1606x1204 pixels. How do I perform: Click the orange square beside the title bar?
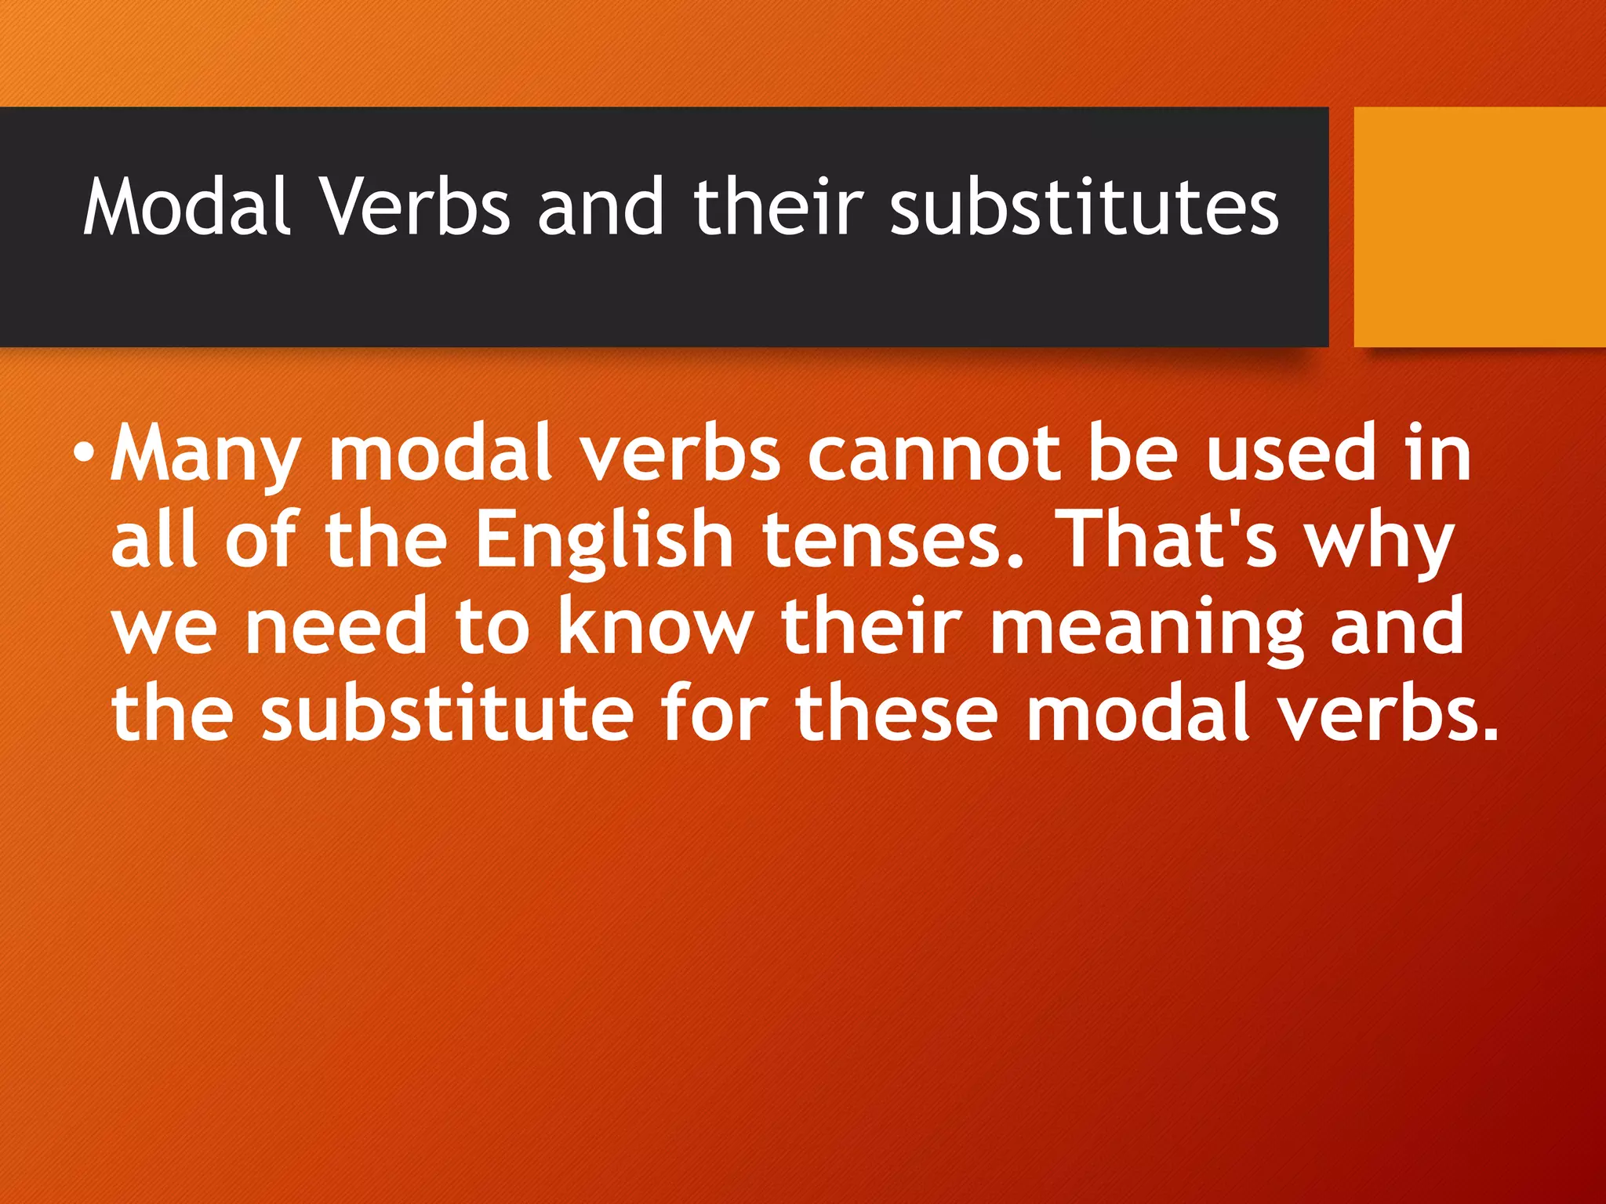pos(1480,227)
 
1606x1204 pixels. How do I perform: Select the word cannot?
pos(933,454)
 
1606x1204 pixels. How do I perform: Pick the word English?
pos(604,541)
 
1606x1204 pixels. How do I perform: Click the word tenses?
pos(893,541)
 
